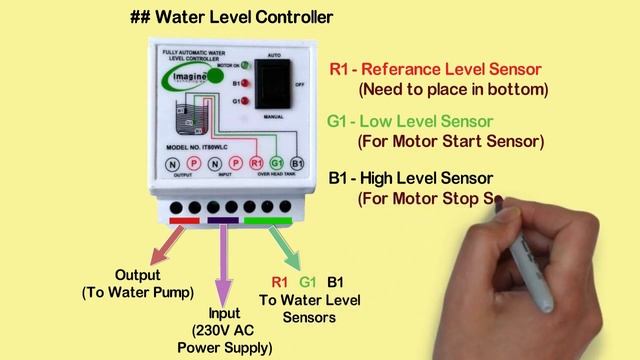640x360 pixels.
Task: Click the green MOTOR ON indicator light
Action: pos(242,66)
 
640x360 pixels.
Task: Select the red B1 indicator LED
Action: pos(242,85)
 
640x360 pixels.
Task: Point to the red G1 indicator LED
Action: pos(242,101)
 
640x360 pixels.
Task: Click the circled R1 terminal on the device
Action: pos(256,163)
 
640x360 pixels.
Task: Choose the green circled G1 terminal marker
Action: pos(276,163)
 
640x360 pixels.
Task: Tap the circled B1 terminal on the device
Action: pos(297,163)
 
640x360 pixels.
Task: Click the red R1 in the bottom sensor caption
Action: pos(280,282)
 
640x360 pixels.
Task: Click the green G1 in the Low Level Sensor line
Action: pos(338,122)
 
